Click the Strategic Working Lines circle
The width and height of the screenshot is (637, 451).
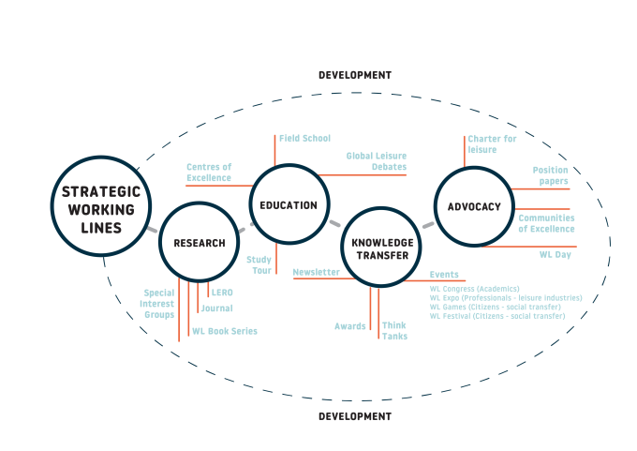coord(100,206)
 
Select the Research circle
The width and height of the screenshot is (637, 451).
coord(199,243)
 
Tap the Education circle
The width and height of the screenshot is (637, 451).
coord(289,205)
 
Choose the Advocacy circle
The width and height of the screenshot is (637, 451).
coord(474,206)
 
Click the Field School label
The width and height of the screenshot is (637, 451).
coord(304,138)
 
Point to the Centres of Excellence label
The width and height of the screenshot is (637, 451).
coord(209,172)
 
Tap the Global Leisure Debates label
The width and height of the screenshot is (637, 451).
coord(376,160)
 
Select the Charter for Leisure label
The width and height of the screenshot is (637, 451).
coord(492,143)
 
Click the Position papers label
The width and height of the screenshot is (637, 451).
coord(551,175)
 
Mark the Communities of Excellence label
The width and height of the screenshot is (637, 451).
coord(546,223)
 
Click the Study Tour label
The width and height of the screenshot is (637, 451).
coord(259,264)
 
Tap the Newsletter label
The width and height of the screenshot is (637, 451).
coord(317,272)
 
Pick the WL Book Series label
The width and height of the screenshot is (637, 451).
coord(225,331)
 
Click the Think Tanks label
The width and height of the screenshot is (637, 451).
coord(394,330)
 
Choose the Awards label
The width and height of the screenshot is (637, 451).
coord(350,326)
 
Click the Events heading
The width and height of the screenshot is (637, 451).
coord(444,275)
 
